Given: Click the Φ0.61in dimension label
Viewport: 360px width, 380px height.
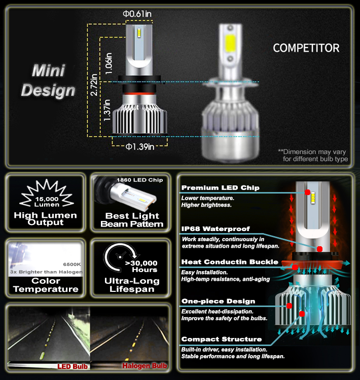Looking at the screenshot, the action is [137, 14].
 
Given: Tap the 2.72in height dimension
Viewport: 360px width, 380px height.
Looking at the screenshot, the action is [94, 85].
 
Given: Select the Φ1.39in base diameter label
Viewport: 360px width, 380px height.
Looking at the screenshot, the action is [140, 146].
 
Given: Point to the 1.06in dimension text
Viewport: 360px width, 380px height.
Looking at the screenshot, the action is [109, 63].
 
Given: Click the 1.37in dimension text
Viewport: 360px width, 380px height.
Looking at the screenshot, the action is [107, 110].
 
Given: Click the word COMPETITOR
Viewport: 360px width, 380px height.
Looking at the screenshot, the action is [306, 48].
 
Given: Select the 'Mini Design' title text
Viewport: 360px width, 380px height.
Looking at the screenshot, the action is [48, 81].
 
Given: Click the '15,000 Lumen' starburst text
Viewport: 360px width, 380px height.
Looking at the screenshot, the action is [47, 202].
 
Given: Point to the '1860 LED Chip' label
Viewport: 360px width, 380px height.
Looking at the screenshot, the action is [140, 180].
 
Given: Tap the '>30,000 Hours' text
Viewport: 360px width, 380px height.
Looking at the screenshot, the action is [141, 267].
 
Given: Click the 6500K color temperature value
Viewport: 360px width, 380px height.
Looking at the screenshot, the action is [72, 264].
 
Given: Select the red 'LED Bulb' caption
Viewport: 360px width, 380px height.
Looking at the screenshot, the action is [73, 366].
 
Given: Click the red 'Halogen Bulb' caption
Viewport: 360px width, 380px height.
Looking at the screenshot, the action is [145, 366].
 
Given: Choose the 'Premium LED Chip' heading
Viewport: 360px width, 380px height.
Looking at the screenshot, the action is [220, 188].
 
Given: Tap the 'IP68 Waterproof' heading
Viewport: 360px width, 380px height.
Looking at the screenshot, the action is [215, 229].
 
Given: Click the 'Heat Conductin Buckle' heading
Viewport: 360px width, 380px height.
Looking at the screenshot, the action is [230, 262].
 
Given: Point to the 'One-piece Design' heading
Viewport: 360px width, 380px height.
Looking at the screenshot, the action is [219, 301].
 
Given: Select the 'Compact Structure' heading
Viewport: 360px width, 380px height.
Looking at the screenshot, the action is [222, 339].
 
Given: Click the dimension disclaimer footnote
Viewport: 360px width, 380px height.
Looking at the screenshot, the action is [313, 156].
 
